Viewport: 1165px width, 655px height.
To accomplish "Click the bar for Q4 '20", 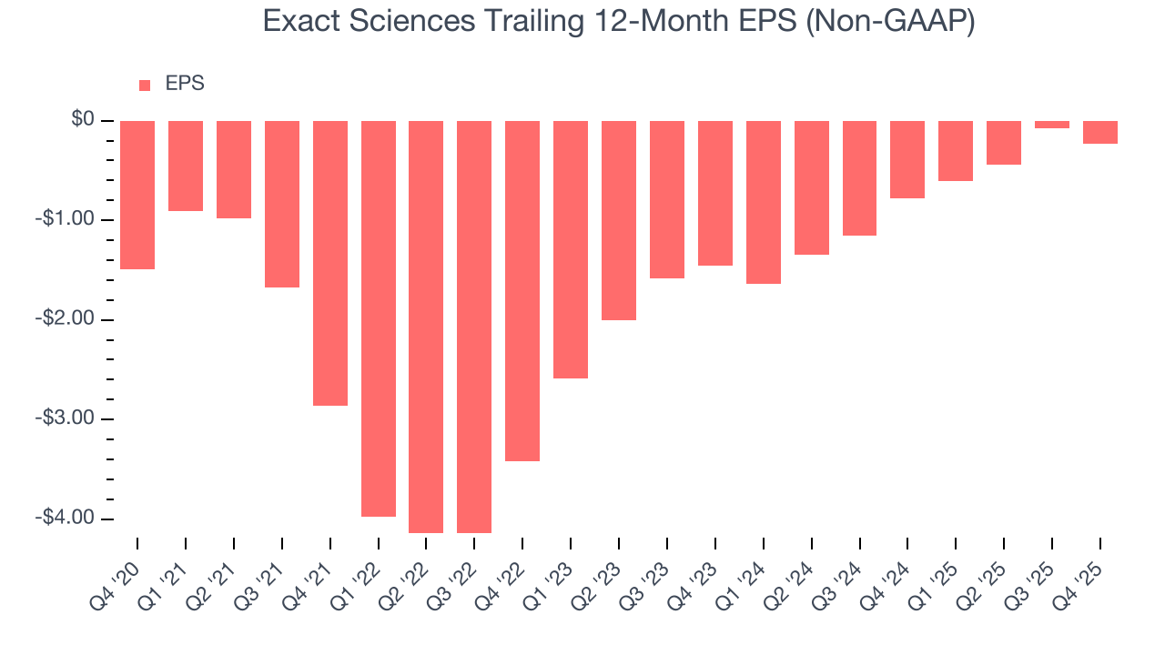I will pos(137,195).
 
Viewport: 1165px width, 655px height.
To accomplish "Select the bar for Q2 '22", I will pos(426,327).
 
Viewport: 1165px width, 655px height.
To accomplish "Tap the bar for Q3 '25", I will pos(1052,125).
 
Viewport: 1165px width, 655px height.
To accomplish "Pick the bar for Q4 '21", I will pos(330,263).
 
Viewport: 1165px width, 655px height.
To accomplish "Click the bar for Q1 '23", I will pos(571,249).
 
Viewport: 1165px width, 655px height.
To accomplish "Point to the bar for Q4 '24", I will pos(907,159).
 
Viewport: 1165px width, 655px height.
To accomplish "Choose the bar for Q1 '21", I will pos(186,166).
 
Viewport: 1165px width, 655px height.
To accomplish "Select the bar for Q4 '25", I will pos(1100,132).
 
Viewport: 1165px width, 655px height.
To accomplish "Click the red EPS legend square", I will pos(145,86).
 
